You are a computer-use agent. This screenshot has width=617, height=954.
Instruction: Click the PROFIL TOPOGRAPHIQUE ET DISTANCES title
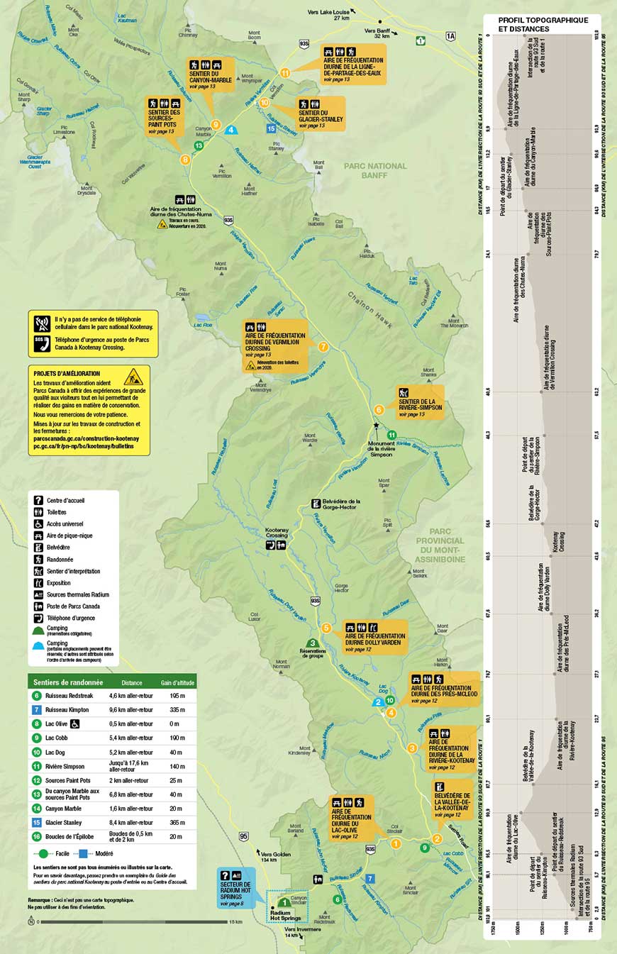point(543,24)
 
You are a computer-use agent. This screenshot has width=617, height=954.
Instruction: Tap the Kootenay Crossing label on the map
point(277,532)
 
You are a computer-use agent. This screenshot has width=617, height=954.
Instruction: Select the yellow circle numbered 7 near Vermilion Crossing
point(323,347)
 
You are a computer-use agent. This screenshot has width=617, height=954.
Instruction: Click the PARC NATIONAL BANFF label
point(376,170)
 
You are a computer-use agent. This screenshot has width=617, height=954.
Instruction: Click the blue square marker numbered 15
point(271,128)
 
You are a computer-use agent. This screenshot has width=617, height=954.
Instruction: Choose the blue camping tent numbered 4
point(231,130)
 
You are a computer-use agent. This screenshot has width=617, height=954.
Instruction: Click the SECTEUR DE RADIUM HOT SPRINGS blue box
point(237,888)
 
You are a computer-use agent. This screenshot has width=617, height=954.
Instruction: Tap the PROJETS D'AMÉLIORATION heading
point(67,373)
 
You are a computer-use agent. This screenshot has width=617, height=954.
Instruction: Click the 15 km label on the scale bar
point(235,922)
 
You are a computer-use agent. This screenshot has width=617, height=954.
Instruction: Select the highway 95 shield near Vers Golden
point(244,835)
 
